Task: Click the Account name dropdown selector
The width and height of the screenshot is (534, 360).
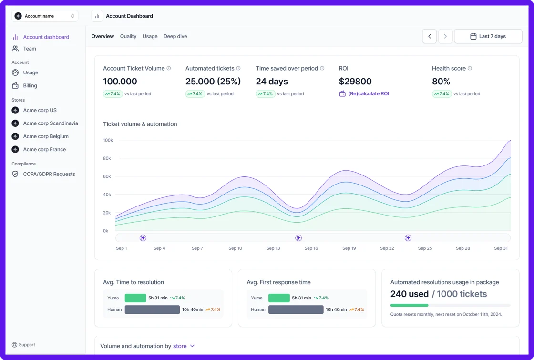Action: tap(45, 16)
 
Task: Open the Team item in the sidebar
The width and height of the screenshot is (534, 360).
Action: tap(30, 49)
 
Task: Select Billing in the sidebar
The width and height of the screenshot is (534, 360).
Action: tap(30, 86)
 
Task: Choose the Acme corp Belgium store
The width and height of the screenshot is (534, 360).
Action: tap(46, 136)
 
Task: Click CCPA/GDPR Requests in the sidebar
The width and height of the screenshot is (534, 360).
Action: tap(49, 174)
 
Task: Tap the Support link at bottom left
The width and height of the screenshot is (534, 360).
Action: tap(27, 345)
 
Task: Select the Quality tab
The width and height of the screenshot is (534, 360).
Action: tap(128, 36)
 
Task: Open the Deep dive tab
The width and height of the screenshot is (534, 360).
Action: tap(175, 36)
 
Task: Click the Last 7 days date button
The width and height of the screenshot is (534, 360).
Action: tap(488, 36)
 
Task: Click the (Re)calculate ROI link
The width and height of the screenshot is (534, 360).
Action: tap(368, 94)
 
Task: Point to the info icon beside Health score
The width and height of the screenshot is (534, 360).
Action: tap(470, 69)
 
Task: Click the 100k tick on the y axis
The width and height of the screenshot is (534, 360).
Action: tap(108, 140)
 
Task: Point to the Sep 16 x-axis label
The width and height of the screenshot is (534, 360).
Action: tap(311, 248)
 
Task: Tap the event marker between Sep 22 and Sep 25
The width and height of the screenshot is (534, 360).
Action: tap(408, 238)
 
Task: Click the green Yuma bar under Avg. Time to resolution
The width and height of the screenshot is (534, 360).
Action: tap(135, 298)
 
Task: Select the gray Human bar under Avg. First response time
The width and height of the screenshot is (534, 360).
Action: tap(296, 309)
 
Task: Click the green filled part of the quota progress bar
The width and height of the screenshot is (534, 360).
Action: tap(409, 305)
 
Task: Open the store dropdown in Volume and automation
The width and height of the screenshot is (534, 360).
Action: tap(184, 346)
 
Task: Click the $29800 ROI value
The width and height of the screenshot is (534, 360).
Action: tap(355, 82)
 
